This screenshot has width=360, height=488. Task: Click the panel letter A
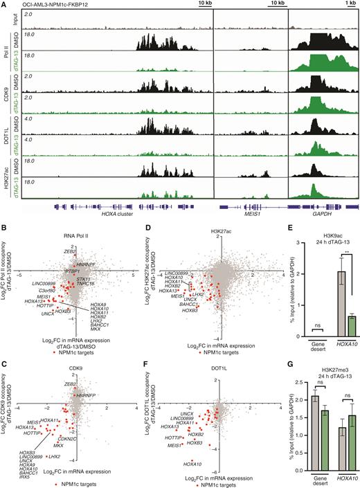(x=4, y=5)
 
